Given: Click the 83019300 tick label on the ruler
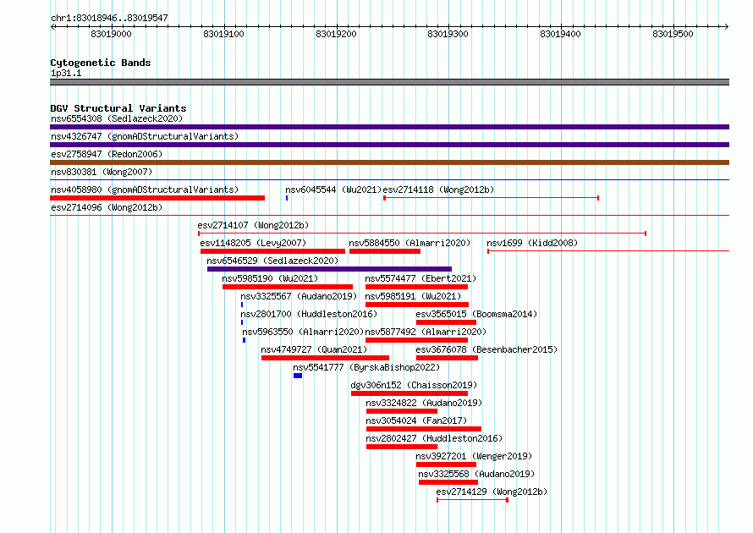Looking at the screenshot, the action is coord(448,34).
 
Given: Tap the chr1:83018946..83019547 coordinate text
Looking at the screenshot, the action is coord(109,19).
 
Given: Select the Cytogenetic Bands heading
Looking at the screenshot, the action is coord(101,63).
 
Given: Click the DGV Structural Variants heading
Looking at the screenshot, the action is coord(118,108).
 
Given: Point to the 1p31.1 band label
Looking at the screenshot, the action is coord(66,73).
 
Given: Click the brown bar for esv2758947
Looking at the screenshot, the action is coord(389,162).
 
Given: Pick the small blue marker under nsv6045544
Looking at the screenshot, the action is coord(287,198).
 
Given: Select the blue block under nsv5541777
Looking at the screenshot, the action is coord(298,376).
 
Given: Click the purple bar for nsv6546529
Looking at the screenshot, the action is coord(329,269).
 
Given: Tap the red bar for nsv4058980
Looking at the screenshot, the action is coord(157,198).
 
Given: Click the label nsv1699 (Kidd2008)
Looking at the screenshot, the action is coord(532,243).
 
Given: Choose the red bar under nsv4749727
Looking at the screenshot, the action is coord(325,358).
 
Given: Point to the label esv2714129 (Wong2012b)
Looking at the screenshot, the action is coord(492,492).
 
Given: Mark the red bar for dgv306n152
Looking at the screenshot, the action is coord(409,393).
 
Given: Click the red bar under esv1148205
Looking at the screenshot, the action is coord(272,251).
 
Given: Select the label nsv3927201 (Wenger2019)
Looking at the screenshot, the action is coord(474,456).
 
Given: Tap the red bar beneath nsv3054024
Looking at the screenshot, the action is coord(424,429).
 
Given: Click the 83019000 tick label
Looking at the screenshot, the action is coord(111,34).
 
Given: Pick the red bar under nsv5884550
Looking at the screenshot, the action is coord(385,251).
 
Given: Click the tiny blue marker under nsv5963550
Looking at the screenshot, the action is coord(244,340).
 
